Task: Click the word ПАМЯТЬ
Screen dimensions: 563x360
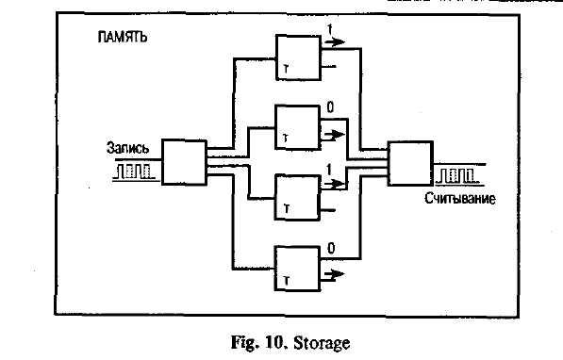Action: tap(123, 37)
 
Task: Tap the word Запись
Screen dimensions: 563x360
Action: tap(128, 148)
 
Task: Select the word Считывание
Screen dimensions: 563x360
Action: tap(460, 199)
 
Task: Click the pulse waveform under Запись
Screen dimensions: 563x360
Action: tap(135, 172)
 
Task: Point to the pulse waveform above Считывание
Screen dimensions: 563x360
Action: tap(457, 176)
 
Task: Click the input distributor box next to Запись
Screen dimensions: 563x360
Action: tap(184, 162)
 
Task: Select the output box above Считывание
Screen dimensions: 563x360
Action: tap(410, 164)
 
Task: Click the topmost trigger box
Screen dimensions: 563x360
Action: tap(298, 57)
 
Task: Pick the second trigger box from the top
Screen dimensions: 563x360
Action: tap(297, 127)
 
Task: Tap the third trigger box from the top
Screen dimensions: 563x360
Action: tap(297, 197)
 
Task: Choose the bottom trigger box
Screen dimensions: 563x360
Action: tap(297, 269)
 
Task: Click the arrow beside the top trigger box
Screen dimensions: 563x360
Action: tap(334, 42)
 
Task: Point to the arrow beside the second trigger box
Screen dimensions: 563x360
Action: tap(334, 136)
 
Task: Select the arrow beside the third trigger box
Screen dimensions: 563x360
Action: tap(334, 184)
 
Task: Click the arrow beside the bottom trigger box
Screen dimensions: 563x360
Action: tap(334, 274)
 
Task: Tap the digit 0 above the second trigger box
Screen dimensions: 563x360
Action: tap(330, 107)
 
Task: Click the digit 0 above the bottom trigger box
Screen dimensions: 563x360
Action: tap(331, 248)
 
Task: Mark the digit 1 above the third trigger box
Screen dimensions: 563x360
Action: tap(329, 170)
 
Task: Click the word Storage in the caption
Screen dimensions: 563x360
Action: tap(322, 343)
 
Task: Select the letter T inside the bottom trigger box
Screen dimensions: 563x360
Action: tap(286, 280)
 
